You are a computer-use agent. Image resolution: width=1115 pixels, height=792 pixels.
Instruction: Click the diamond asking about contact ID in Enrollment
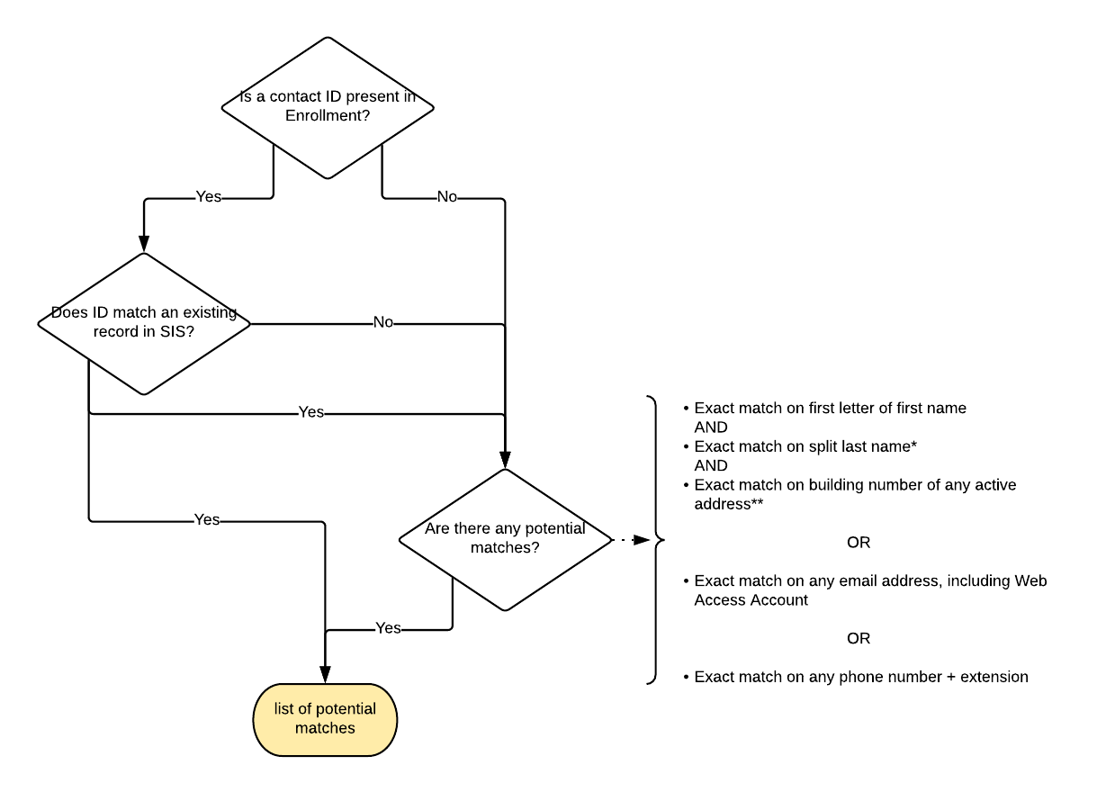(x=328, y=107)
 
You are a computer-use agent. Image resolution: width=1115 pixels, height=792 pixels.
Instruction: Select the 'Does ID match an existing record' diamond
(x=144, y=323)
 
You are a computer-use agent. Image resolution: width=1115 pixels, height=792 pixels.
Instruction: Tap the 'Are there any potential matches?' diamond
(x=505, y=538)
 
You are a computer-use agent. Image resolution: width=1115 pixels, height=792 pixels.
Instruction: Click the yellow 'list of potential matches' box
(x=325, y=719)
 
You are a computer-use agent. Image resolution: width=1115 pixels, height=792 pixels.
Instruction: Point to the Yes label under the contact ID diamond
(x=208, y=196)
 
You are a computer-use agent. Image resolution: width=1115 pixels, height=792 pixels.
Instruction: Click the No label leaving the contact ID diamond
(x=446, y=196)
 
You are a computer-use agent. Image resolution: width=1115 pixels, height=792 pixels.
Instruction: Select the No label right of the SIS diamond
(x=382, y=322)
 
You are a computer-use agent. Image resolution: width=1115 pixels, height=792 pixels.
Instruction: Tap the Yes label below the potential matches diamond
(x=388, y=628)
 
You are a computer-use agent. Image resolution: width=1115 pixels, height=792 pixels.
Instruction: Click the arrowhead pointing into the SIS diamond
(x=144, y=243)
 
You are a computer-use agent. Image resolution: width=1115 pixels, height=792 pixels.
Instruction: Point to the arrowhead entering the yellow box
(x=325, y=675)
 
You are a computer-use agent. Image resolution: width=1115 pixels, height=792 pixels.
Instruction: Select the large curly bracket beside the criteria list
(x=656, y=540)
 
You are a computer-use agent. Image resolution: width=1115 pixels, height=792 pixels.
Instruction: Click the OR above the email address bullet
(x=859, y=543)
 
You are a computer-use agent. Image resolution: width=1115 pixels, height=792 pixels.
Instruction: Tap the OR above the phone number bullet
(x=859, y=638)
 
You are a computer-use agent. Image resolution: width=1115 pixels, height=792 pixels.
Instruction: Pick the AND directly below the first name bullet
(x=711, y=427)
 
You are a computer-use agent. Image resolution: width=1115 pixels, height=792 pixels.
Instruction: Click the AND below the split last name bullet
(x=711, y=465)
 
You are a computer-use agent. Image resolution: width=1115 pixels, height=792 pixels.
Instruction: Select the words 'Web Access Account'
(x=751, y=600)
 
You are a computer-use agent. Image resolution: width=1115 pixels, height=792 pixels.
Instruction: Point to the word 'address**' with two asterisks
(x=729, y=504)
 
